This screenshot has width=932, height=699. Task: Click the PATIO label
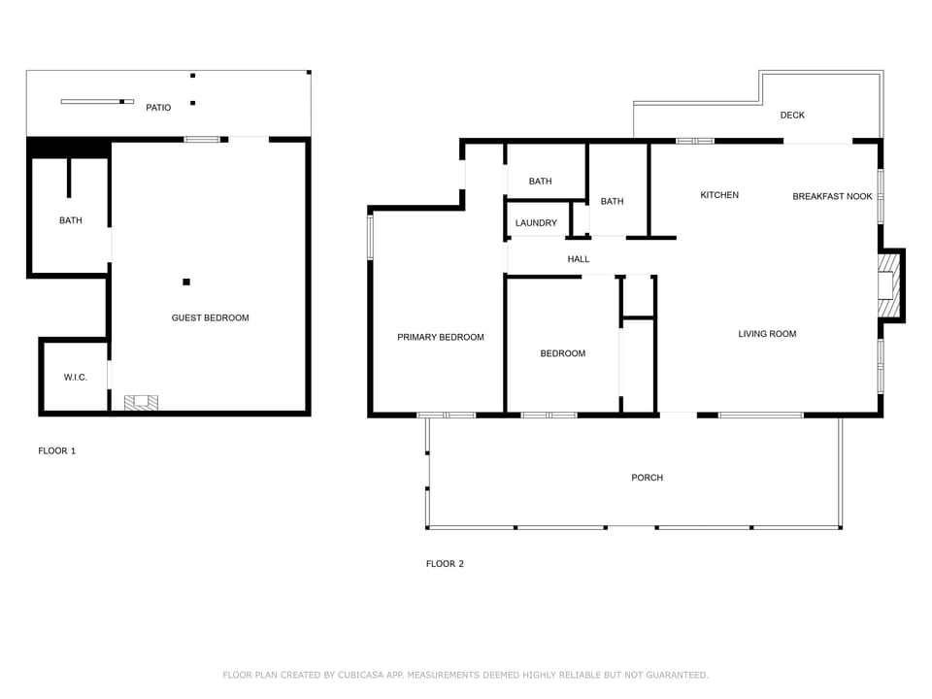(x=158, y=108)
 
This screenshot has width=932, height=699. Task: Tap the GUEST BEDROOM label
(x=210, y=317)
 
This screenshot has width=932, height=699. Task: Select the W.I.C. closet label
(x=75, y=377)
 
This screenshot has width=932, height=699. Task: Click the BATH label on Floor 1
(x=71, y=220)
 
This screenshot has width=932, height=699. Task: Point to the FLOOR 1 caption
(x=56, y=450)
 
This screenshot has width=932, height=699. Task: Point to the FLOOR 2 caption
(x=445, y=564)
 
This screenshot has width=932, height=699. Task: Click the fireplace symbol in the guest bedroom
(x=141, y=401)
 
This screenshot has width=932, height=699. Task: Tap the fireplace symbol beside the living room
(x=887, y=284)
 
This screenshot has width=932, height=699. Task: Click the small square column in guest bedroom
(x=186, y=283)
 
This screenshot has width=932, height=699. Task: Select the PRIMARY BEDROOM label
(x=440, y=337)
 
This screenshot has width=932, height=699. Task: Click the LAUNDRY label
(x=536, y=223)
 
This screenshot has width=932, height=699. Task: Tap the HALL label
(x=579, y=259)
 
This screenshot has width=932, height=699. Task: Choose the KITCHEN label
(x=719, y=195)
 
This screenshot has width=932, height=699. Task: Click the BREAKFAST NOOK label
(x=832, y=196)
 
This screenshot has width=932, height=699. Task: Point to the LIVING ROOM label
(x=767, y=334)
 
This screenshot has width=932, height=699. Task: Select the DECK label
(x=792, y=116)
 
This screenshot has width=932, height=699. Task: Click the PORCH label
(x=647, y=478)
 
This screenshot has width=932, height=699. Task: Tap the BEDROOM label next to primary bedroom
(x=563, y=353)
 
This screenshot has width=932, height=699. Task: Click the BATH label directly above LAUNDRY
(x=541, y=182)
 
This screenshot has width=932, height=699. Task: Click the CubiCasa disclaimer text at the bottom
(x=466, y=675)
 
